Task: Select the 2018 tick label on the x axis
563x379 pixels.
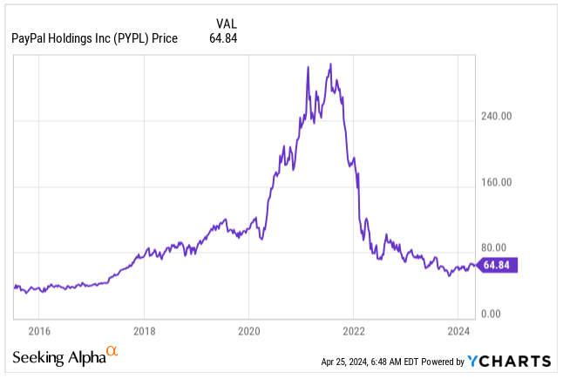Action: click(144, 331)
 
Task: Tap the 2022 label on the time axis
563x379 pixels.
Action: click(353, 331)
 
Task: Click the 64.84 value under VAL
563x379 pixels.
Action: click(223, 38)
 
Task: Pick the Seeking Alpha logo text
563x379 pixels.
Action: click(58, 358)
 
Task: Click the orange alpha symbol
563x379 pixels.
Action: click(112, 352)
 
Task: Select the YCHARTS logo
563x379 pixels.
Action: click(509, 361)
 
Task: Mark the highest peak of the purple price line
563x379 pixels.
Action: click(329, 64)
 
